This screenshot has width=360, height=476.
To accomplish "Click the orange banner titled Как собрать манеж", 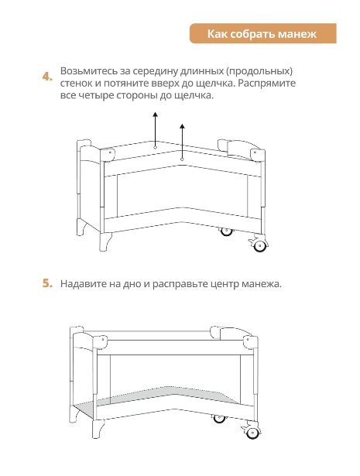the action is click(x=263, y=33).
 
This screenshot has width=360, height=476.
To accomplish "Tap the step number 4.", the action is click(x=47, y=77).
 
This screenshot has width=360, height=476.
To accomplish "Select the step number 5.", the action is click(x=47, y=283).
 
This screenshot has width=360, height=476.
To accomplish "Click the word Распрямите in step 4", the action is click(x=266, y=84).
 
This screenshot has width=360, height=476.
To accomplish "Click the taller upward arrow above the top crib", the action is click(x=155, y=130).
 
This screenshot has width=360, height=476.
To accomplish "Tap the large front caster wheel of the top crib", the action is click(x=260, y=245).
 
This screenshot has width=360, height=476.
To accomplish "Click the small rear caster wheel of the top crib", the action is click(x=226, y=231).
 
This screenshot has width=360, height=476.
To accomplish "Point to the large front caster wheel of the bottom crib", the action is click(x=252, y=432).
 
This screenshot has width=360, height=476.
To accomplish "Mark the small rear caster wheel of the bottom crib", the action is click(x=219, y=418).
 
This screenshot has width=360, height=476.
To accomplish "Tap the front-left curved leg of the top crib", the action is click(x=105, y=241).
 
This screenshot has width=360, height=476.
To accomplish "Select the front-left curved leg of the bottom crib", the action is click(x=98, y=429).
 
